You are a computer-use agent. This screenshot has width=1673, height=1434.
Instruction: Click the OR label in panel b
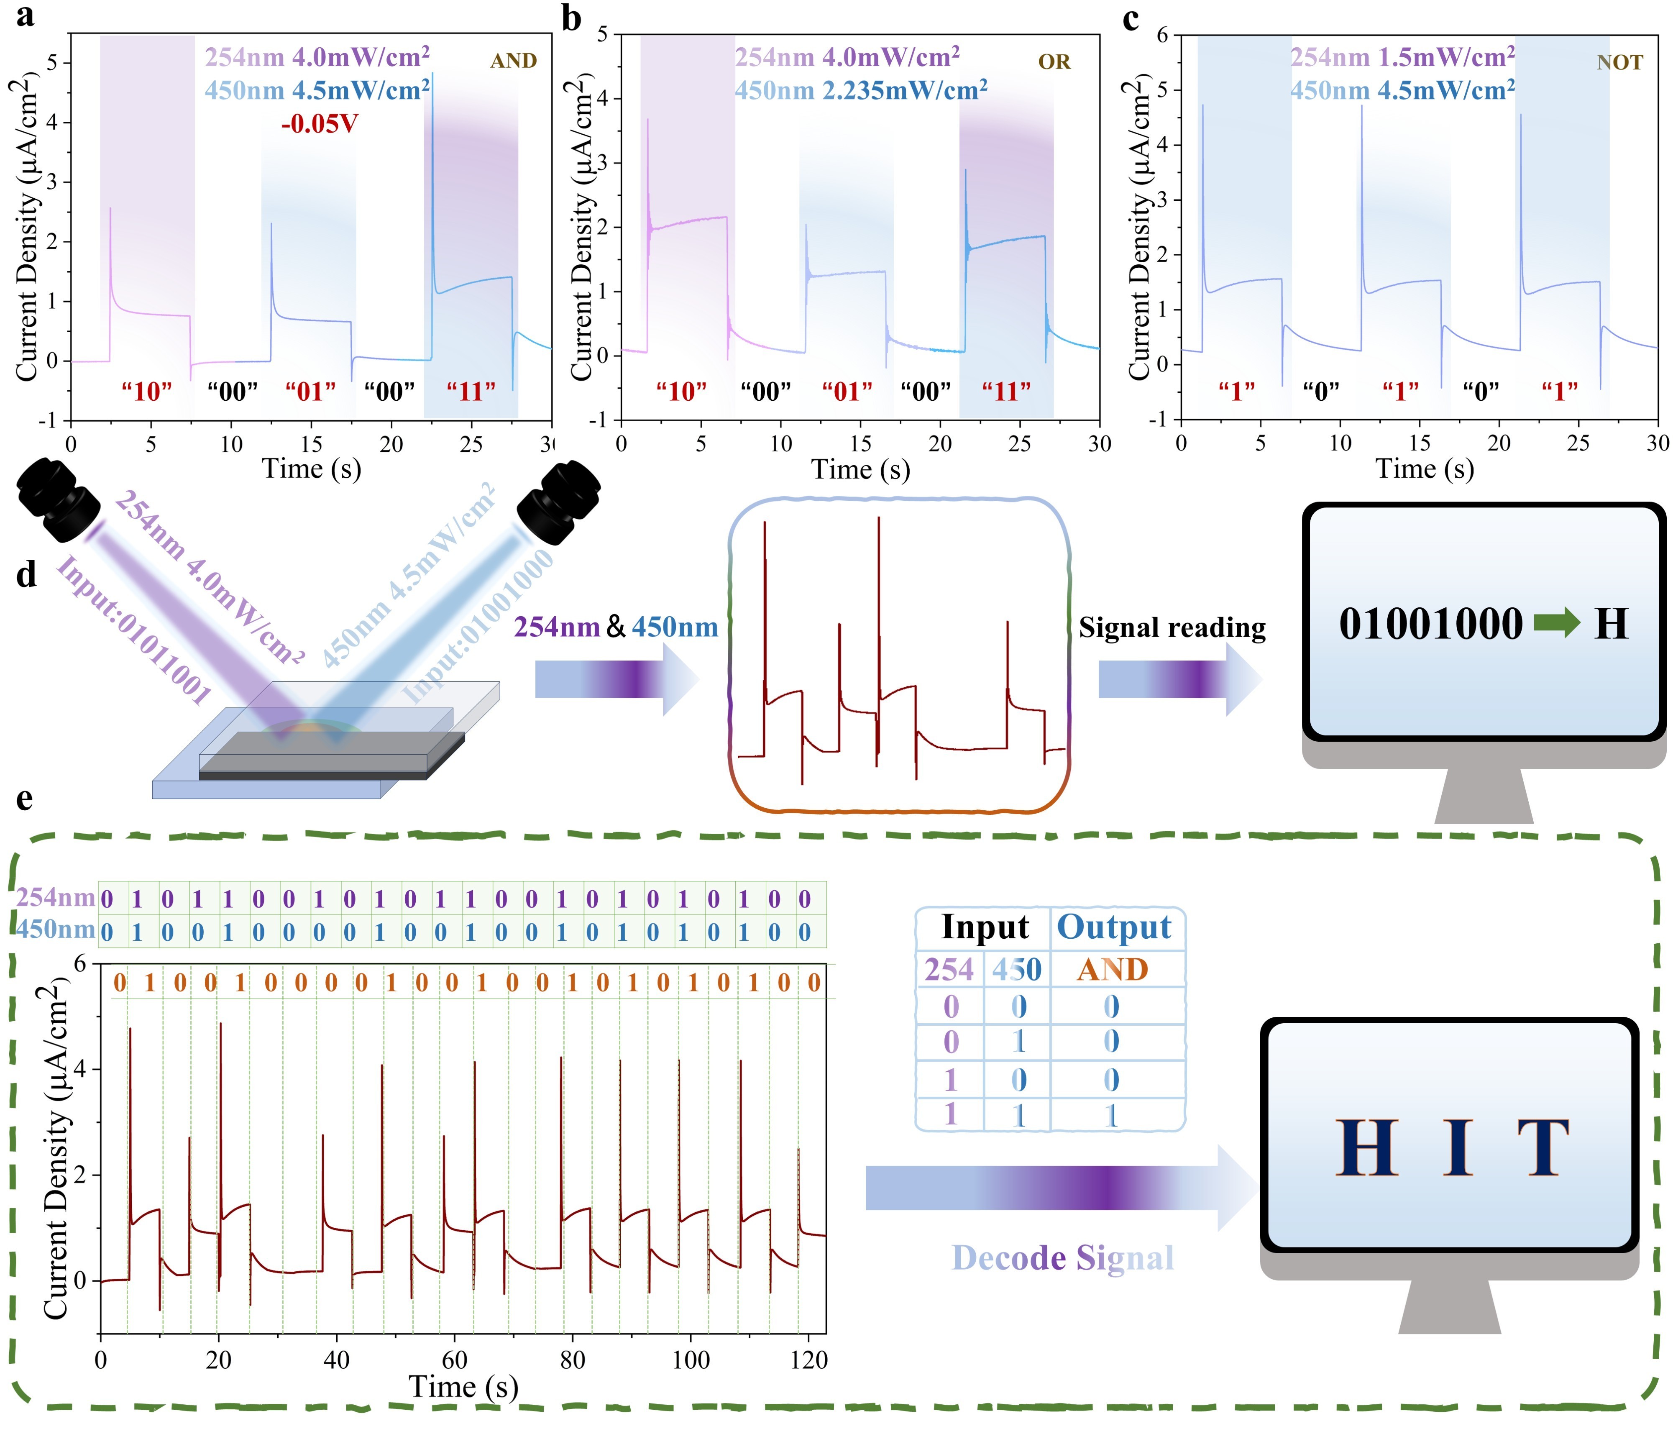(1054, 62)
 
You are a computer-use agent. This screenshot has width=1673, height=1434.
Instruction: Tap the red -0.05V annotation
(319, 124)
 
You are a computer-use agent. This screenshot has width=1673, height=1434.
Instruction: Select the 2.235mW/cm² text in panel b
(904, 90)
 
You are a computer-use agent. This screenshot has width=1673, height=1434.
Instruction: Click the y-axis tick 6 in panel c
(1163, 36)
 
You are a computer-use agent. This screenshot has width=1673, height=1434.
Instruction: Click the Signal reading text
(1172, 627)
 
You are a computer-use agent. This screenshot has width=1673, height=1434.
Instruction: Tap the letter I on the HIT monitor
(1458, 1149)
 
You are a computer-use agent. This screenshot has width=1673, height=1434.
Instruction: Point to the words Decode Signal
(1063, 1258)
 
